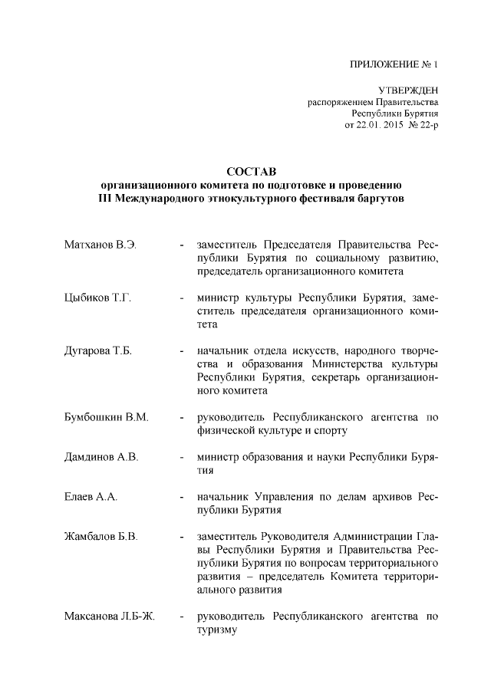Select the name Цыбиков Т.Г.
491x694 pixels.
click(x=97, y=298)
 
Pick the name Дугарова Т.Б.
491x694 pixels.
click(x=99, y=350)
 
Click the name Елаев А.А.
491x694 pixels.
click(x=91, y=497)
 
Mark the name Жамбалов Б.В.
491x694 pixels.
click(x=101, y=537)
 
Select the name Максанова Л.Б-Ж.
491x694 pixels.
click(x=110, y=617)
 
